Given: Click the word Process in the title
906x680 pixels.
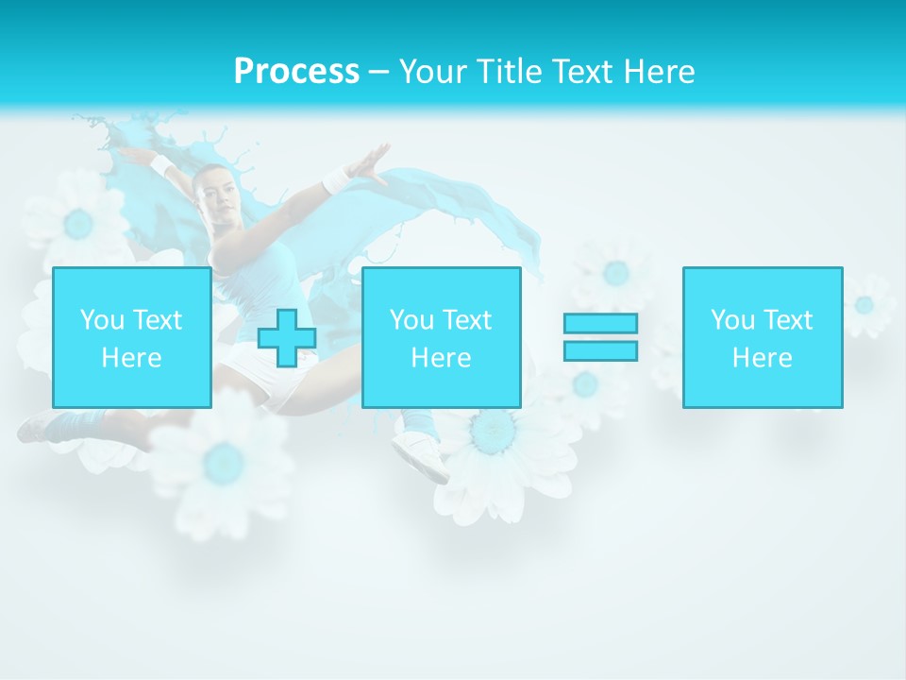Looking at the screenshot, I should pos(296,72).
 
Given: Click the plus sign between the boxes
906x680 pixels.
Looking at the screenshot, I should pos(287,338).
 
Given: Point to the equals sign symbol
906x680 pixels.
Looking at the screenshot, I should pos(600,337).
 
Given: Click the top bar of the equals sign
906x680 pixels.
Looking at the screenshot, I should pos(600,323).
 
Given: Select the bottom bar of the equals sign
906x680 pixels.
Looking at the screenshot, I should pos(600,351).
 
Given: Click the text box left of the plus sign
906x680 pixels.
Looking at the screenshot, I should pos(131,337).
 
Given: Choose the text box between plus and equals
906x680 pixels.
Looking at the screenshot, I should pos(441,337).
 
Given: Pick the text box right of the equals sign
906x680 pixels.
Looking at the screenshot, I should pos(762,337).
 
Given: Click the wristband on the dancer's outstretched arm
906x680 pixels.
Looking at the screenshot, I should pos(337,178).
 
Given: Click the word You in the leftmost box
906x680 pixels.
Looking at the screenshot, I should pos(102,320).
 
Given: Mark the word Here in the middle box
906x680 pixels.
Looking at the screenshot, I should pos(441,358).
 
